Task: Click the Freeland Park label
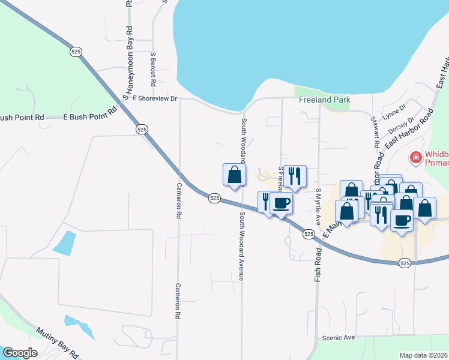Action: tap(325, 100)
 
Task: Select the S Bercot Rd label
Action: tap(154, 68)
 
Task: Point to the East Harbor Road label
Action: tap(409, 130)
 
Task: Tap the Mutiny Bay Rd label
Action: tap(58, 342)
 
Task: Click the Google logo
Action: tap(20, 353)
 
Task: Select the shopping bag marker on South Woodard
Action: tap(234, 175)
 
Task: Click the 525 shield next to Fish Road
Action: tap(309, 233)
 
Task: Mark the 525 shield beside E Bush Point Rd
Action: tap(142, 129)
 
